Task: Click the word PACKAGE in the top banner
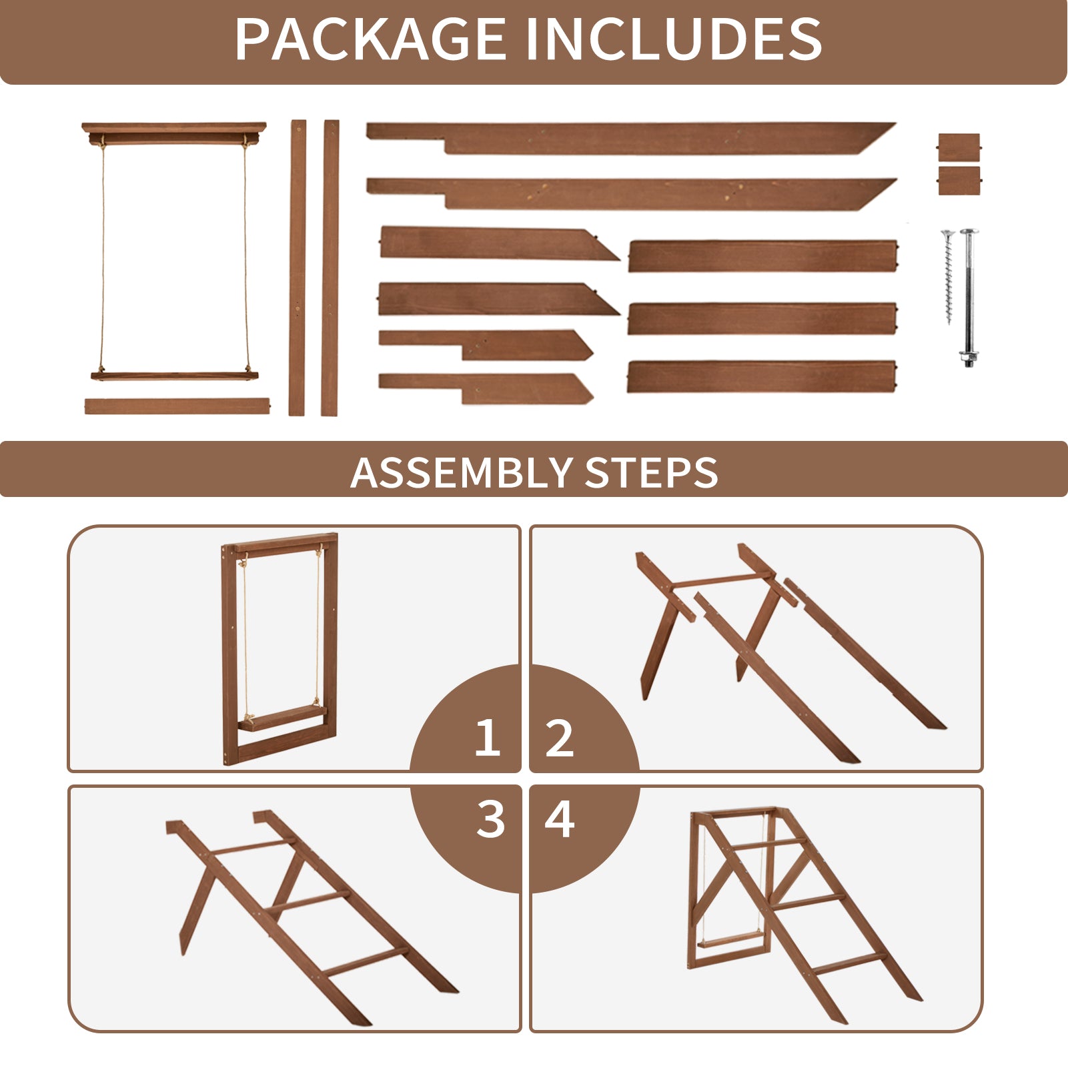coord(370,39)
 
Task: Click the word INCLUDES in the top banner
coord(674,39)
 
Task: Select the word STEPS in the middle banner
coord(652,472)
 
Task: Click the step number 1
coord(488,738)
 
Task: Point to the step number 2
coord(559,738)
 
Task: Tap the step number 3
coord(490,819)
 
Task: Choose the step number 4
coord(560,819)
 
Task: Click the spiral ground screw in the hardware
coord(947,277)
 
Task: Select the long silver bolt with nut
coord(968,298)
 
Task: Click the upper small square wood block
coord(959,147)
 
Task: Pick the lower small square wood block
coord(959,181)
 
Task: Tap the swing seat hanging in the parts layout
coord(175,376)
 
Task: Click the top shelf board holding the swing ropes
coord(173,132)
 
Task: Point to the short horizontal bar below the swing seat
coord(177,406)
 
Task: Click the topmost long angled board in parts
coord(630,138)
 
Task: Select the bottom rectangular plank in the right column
coord(762,376)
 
